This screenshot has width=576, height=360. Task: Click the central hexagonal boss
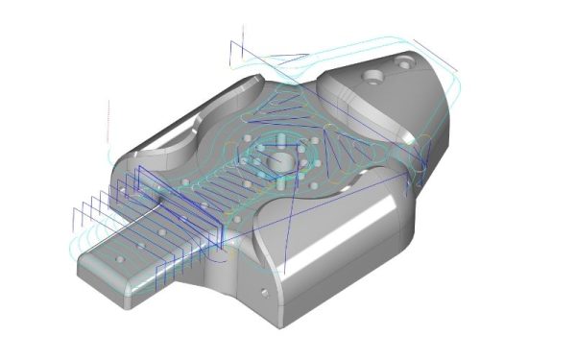click(x=279, y=156)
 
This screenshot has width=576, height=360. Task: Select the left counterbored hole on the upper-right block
click(x=371, y=74)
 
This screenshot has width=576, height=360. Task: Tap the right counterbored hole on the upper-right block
click(x=403, y=62)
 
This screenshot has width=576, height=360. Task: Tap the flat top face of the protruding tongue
click(x=144, y=259)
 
